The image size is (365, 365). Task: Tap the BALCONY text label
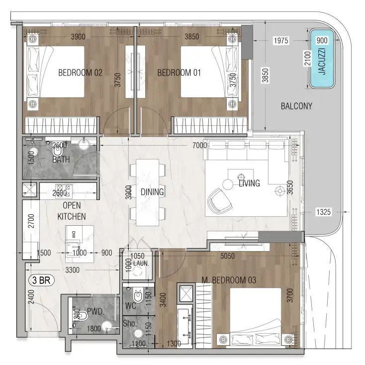pyautogui.click(x=296, y=106)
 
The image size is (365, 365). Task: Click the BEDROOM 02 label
pyautogui.click(x=80, y=73)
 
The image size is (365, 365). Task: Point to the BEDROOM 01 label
pyautogui.click(x=179, y=73)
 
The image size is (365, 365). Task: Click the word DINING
pyautogui.click(x=152, y=191)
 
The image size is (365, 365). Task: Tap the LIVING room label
pyautogui.click(x=249, y=183)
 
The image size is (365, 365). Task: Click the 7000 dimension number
pyautogui.click(x=199, y=145)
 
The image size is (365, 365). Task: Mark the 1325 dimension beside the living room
pyautogui.click(x=324, y=213)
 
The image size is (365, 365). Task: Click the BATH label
pyautogui.click(x=61, y=160)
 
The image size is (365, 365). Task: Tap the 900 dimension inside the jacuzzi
pyautogui.click(x=322, y=41)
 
